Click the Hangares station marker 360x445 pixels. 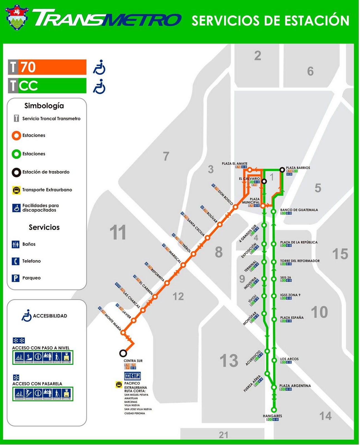point(274,410)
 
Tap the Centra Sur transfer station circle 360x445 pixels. point(123,353)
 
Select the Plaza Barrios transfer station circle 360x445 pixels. point(282,170)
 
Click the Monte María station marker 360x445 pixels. point(123,332)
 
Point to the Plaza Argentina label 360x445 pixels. point(295,386)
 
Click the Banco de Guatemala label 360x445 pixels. point(299,210)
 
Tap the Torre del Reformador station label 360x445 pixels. point(300,261)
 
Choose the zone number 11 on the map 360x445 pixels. point(118,233)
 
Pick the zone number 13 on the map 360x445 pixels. point(229,361)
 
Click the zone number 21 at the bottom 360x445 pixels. point(224,435)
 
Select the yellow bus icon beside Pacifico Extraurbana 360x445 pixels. point(119,385)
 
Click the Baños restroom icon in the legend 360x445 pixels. point(16,244)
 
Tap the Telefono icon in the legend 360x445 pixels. point(16,261)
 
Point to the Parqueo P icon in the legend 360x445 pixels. point(16,278)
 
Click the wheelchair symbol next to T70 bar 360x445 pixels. point(99,67)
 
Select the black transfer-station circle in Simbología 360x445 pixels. point(16,172)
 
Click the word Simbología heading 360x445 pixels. point(44,106)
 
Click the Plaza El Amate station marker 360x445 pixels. point(250,170)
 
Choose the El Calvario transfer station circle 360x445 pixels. point(264,181)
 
